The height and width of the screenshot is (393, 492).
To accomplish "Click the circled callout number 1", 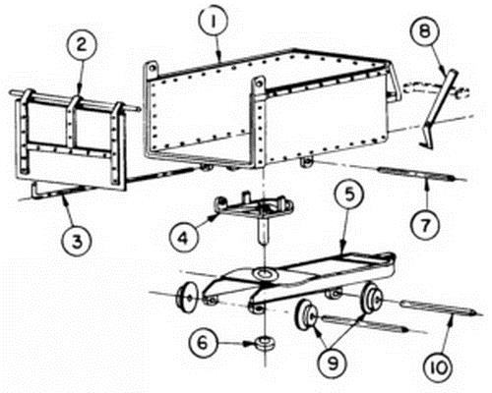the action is [x=214, y=23].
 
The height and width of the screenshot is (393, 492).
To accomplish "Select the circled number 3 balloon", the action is [x=77, y=242].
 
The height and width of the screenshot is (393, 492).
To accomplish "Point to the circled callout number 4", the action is [x=183, y=238].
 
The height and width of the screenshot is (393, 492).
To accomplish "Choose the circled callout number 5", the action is [x=349, y=196].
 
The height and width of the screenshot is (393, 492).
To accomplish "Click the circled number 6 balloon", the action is [x=204, y=343].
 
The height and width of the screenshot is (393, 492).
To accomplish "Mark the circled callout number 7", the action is [x=425, y=225].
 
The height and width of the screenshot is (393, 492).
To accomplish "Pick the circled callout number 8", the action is [x=424, y=31].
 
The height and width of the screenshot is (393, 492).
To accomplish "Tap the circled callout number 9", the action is [x=333, y=364].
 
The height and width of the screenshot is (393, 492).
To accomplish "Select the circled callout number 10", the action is [x=439, y=368].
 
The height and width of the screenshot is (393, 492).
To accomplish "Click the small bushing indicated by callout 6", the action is [x=266, y=343].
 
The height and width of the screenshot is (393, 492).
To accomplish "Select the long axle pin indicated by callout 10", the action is [x=439, y=308].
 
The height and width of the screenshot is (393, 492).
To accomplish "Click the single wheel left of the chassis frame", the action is [x=187, y=297].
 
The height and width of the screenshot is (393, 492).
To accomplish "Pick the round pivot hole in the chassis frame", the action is [x=265, y=274].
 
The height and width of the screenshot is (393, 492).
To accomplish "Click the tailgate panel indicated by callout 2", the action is [x=71, y=140].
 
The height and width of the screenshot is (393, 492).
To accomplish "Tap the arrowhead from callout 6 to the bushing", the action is [x=248, y=344].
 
